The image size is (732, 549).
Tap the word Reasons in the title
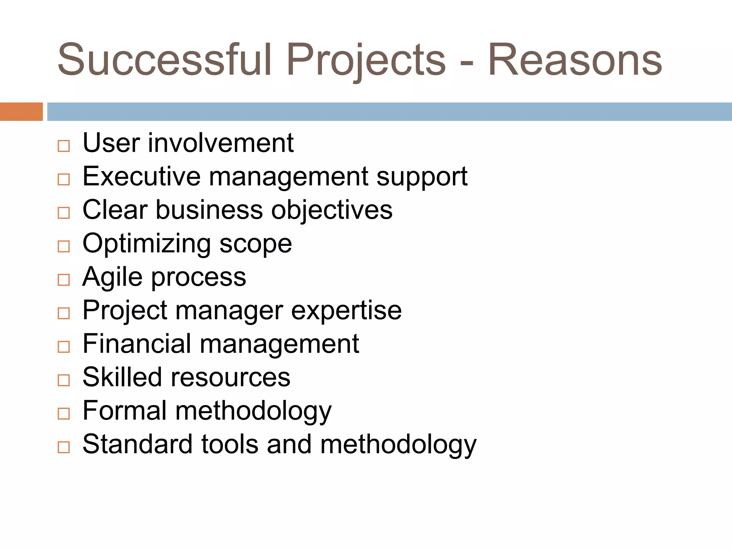575,60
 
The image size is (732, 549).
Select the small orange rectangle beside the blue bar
21,112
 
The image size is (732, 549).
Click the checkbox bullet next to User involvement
64,146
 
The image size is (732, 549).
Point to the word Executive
142,176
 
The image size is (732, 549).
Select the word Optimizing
147,244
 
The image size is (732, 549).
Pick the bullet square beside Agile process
64,280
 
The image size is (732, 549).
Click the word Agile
113,277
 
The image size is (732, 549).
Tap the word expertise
346,311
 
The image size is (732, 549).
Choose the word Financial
137,343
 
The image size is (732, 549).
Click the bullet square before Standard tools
64,447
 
